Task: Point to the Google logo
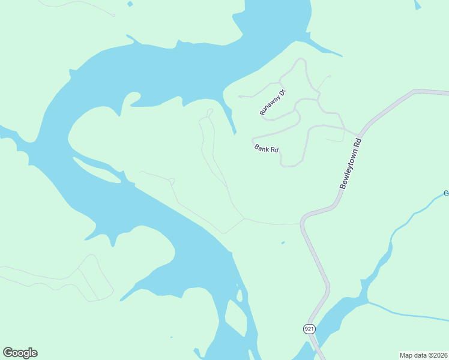pyautogui.click(x=20, y=353)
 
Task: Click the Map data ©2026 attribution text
pyautogui.click(x=423, y=355)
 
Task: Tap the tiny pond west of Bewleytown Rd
pyautogui.click(x=283, y=243)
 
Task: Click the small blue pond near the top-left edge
pyautogui.click(x=130, y=4)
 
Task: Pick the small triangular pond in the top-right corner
pyautogui.click(x=418, y=5)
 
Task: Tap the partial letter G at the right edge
pyautogui.click(x=446, y=193)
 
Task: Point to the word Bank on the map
pyautogui.click(x=262, y=146)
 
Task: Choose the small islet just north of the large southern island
pyautogui.click(x=240, y=295)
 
